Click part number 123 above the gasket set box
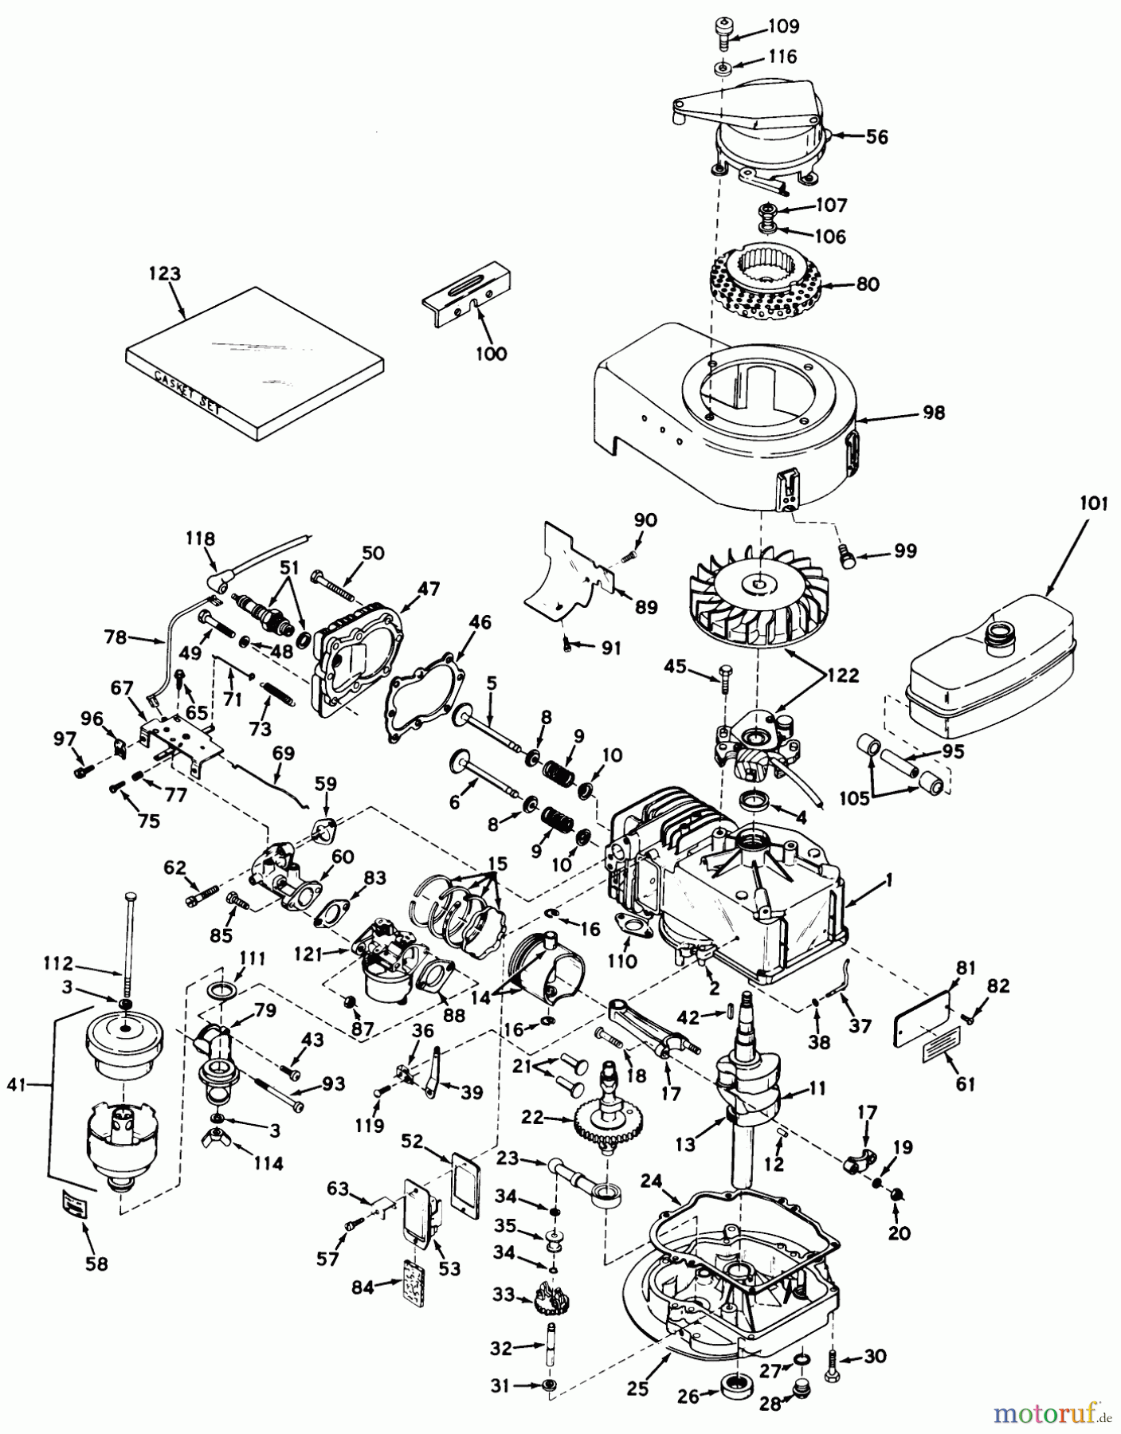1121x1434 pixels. (164, 273)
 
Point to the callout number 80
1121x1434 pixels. (868, 284)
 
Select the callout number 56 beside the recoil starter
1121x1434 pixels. (876, 137)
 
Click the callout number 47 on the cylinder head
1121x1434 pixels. (429, 590)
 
